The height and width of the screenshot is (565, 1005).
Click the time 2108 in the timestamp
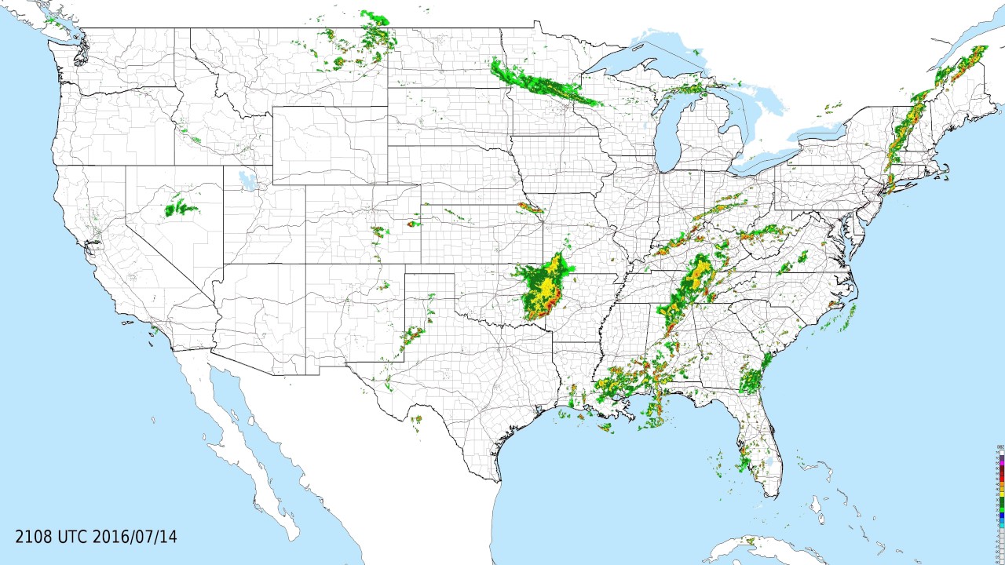pyautogui.click(x=35, y=538)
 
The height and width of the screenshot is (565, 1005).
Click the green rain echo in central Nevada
pyautogui.click(x=180, y=208)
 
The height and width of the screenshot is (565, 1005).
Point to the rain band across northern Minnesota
pyautogui.click(x=542, y=82)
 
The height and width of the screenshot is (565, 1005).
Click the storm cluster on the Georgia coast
pyautogui.click(x=752, y=381)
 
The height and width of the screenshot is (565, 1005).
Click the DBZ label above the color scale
pyautogui.click(x=1001, y=447)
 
